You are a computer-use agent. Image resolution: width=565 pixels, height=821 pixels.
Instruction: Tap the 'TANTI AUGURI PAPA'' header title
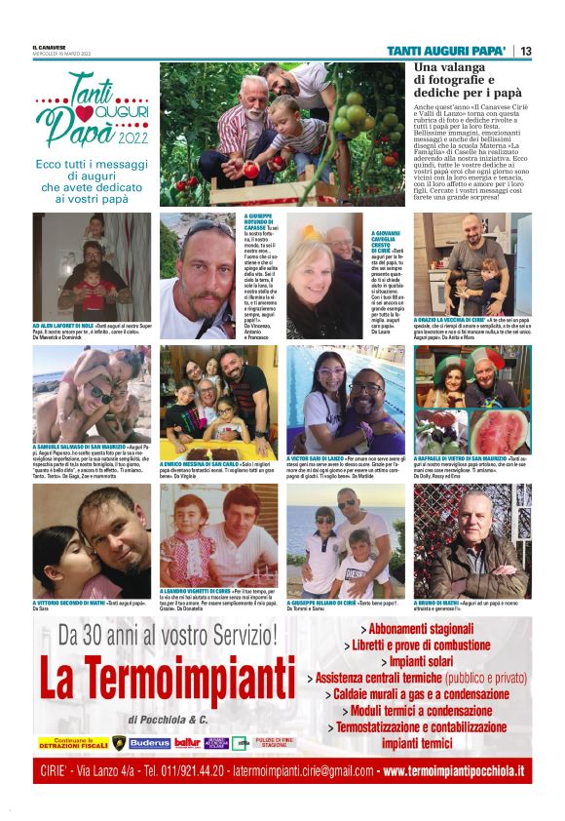[x=445, y=51]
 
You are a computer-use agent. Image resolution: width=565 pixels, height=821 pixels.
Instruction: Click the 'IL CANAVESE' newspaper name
[x=50, y=46]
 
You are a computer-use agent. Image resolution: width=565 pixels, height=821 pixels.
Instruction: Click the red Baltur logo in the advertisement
[x=188, y=743]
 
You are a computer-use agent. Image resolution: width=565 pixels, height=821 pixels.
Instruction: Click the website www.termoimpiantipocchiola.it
[x=453, y=771]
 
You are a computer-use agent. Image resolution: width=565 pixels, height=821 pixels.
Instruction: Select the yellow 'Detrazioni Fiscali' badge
[x=70, y=743]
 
